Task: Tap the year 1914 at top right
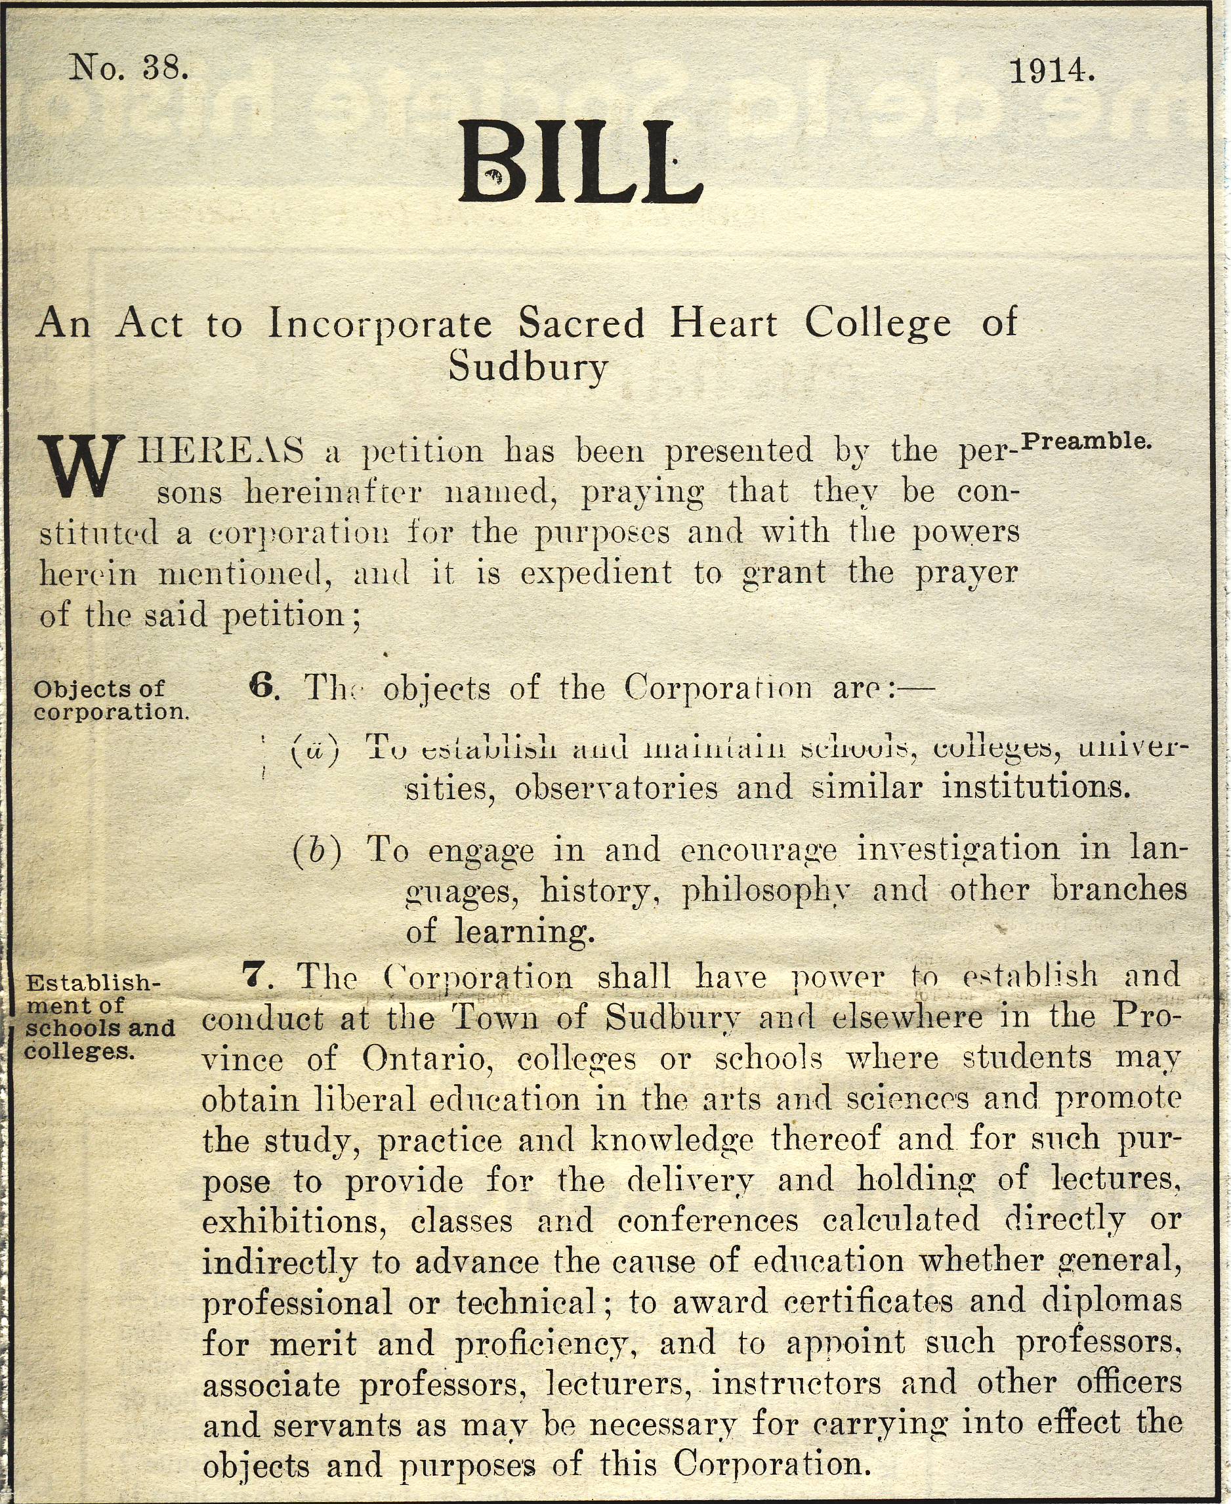pyautogui.click(x=1052, y=71)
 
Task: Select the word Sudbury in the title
pyautogui.click(x=528, y=368)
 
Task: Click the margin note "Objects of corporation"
pyautogui.click(x=110, y=700)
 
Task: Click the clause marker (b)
pyautogui.click(x=316, y=850)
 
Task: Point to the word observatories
pyautogui.click(x=616, y=789)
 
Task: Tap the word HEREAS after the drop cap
pyautogui.click(x=220, y=451)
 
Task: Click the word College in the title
pyautogui.click(x=877, y=324)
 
